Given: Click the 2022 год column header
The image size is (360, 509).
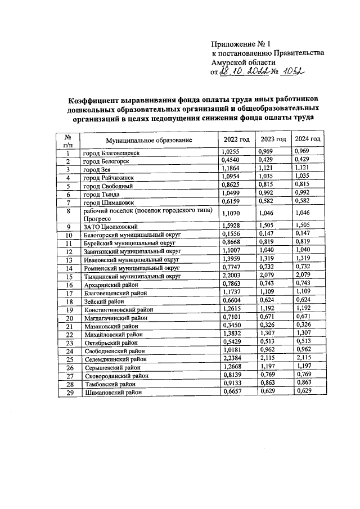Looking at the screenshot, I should [236, 139].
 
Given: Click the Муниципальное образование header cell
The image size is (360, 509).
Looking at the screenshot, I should [149, 140].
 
